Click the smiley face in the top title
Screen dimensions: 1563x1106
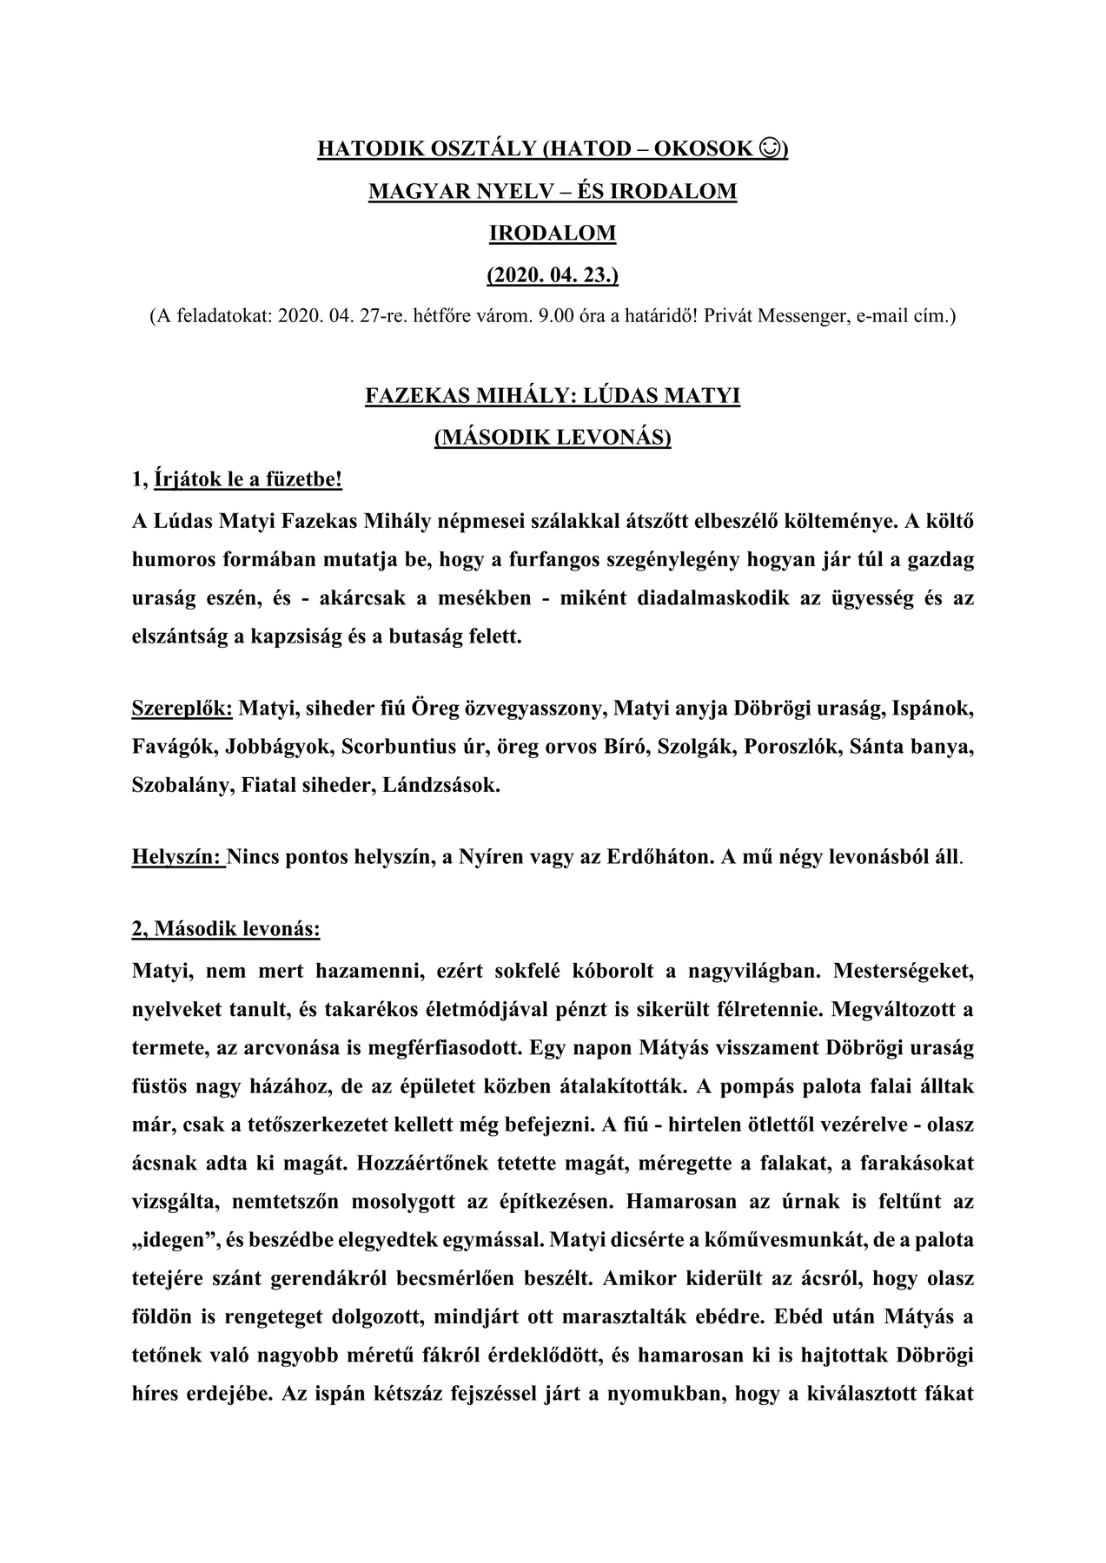768,149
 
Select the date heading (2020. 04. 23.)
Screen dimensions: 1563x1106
553,275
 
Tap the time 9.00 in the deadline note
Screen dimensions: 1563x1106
557,316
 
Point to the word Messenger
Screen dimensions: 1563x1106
802,316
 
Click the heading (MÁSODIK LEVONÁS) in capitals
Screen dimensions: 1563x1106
553,437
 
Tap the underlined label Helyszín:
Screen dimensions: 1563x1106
177,858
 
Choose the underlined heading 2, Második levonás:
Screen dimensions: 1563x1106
226,929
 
